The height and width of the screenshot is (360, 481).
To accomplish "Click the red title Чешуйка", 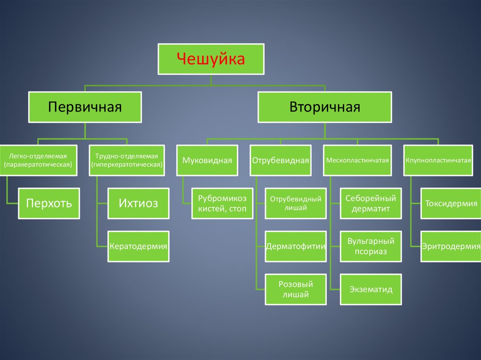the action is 211,60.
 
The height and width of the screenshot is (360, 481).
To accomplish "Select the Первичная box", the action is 85,107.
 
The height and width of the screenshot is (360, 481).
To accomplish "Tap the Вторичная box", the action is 325,107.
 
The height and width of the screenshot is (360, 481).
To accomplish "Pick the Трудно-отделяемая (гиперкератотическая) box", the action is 127,160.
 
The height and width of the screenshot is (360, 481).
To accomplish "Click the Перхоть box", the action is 49,203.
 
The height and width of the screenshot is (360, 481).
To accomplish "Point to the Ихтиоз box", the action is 138,203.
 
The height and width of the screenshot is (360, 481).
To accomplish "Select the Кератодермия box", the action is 138,246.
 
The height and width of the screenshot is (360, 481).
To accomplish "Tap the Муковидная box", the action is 208,161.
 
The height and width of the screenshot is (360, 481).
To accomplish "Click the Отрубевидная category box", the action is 280,161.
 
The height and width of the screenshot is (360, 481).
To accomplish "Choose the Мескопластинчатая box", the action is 357,161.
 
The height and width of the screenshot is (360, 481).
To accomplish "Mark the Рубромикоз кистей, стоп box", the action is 222,204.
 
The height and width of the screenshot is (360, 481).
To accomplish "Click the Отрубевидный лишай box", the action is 295,204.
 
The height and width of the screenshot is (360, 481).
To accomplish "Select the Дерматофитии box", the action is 295,246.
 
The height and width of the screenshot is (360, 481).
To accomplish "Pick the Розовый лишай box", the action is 295,289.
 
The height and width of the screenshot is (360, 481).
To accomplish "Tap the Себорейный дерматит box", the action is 371,204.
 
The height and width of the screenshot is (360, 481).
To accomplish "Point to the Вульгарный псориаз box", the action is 371,246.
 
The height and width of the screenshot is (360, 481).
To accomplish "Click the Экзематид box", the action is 371,289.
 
